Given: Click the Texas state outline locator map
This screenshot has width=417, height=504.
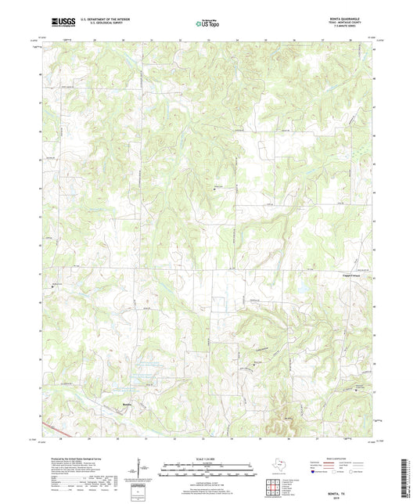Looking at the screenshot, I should point(279,462).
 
